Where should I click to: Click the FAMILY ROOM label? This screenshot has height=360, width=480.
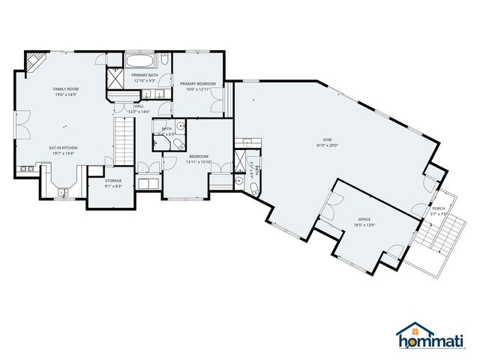click(x=66, y=89)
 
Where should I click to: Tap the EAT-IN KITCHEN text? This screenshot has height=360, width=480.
click(x=64, y=148)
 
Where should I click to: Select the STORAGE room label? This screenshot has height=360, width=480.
click(x=112, y=181)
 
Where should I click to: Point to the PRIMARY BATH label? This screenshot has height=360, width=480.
click(x=144, y=75)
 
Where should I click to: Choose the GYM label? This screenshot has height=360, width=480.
click(x=327, y=139)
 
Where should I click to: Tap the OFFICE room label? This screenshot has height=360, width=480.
click(x=364, y=219)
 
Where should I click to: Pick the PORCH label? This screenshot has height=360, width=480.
click(x=438, y=208)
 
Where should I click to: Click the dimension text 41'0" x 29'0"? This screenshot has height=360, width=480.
click(x=327, y=145)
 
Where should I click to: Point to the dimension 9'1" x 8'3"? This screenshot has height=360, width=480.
click(x=112, y=186)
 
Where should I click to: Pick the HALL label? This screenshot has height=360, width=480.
click(x=139, y=106)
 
